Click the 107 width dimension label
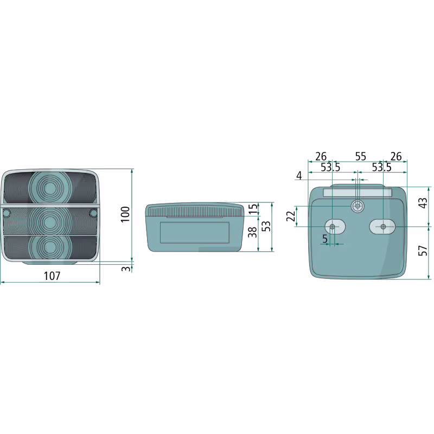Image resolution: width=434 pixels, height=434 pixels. pos(52,276)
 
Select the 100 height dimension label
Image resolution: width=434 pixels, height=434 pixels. pos(125,214)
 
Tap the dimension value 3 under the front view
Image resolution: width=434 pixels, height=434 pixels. pos(126,269)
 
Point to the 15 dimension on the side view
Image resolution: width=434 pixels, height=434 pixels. pos(253,209)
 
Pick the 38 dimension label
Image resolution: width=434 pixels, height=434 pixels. pos(252,232)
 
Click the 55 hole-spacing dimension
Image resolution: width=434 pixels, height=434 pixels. pos(361,157)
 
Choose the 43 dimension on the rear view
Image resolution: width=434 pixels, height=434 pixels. pos(423,203)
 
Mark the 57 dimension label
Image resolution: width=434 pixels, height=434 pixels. pos(423,251)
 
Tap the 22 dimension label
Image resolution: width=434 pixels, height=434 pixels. pos(291,216)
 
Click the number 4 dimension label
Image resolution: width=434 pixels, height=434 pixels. pos(299,175)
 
